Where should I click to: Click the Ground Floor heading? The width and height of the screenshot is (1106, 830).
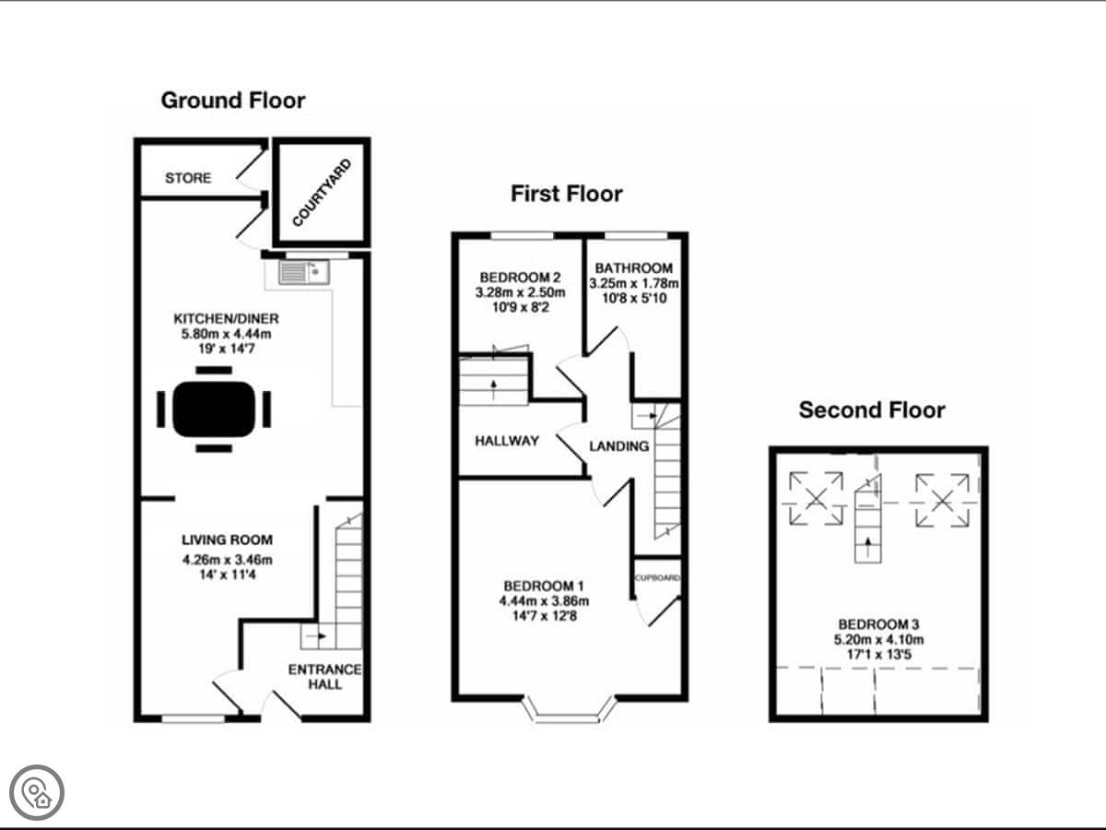(x=233, y=101)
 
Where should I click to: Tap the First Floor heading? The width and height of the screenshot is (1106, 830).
(x=566, y=194)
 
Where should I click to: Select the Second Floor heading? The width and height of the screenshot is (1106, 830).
(x=872, y=409)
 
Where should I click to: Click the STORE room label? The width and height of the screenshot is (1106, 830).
(x=188, y=177)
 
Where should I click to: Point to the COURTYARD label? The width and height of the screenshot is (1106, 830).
(x=322, y=193)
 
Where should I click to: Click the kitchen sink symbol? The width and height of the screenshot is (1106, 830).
(x=304, y=272)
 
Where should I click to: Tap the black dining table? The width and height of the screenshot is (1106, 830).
(x=214, y=409)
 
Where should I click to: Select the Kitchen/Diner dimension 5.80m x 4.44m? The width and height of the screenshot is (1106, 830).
(x=226, y=334)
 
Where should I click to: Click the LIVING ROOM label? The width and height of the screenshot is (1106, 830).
(x=228, y=539)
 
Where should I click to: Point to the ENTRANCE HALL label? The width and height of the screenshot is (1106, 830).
(x=324, y=677)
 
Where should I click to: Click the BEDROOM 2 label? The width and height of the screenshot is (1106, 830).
(x=520, y=278)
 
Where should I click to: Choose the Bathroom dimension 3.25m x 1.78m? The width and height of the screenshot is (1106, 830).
(x=633, y=283)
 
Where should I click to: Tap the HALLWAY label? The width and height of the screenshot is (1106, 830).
(x=507, y=441)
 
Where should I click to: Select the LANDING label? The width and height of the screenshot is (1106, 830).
(x=619, y=446)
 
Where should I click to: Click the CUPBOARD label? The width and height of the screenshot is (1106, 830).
(x=657, y=578)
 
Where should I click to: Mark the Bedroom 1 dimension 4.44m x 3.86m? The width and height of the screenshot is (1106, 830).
(x=544, y=600)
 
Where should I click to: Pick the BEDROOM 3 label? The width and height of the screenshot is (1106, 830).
(x=878, y=624)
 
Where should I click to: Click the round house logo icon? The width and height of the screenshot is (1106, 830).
(x=37, y=793)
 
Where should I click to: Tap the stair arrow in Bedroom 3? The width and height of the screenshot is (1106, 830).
(x=867, y=543)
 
